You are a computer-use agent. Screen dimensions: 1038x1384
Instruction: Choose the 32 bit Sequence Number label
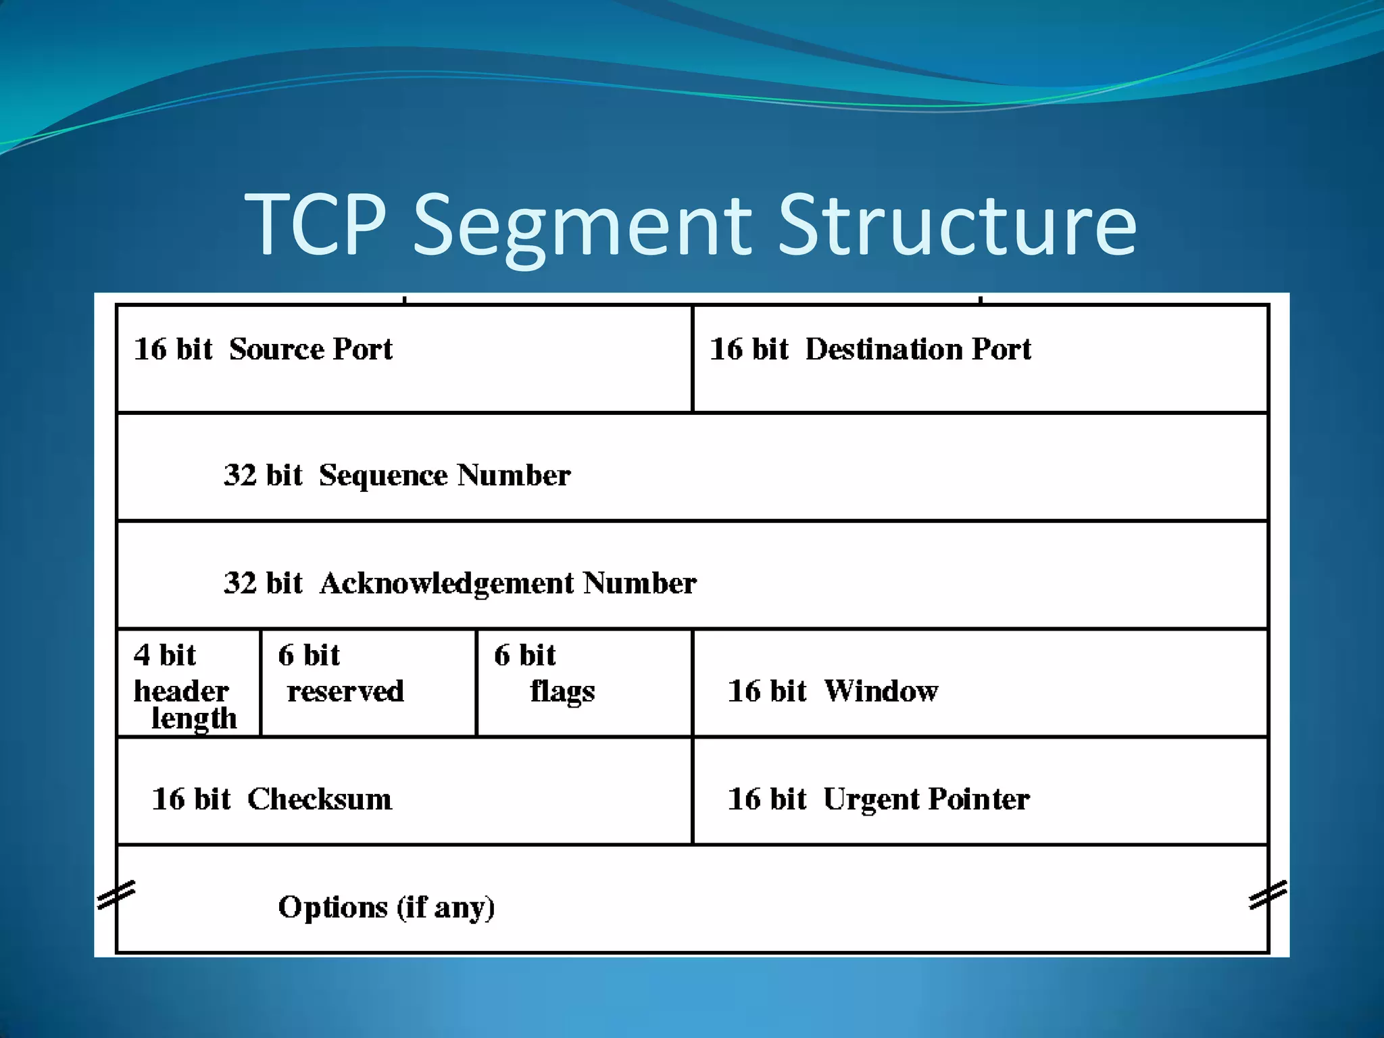click(x=397, y=475)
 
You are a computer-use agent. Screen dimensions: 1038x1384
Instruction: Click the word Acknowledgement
click(x=447, y=583)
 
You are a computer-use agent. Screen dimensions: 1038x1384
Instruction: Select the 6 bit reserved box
click(x=368, y=683)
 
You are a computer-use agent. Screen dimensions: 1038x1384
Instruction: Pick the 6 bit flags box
click(x=585, y=683)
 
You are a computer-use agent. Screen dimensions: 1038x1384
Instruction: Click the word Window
click(x=881, y=691)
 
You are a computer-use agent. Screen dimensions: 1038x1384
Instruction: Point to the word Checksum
click(x=320, y=799)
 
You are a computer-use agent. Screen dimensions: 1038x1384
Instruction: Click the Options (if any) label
click(x=387, y=908)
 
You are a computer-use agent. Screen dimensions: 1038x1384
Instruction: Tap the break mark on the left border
click(x=116, y=895)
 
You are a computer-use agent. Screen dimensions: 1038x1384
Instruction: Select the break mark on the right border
click(x=1268, y=895)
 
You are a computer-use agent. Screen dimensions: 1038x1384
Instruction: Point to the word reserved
click(x=345, y=691)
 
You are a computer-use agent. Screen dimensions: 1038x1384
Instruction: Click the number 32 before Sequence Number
click(x=240, y=475)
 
